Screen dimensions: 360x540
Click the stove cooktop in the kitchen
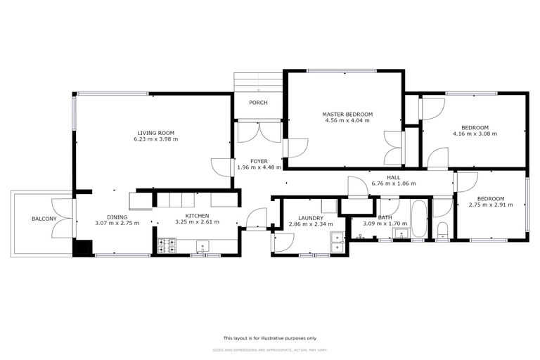[x=167, y=245]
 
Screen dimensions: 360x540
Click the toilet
[x=442, y=232]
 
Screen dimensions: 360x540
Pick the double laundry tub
[x=336, y=241]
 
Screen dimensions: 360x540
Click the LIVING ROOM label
[x=155, y=133]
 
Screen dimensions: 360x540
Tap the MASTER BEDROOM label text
[x=347, y=114]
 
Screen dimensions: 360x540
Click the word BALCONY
[x=44, y=219]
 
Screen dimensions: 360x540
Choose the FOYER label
[x=259, y=161]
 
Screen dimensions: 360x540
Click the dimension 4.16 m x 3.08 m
[x=475, y=134]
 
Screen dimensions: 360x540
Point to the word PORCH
[x=258, y=103]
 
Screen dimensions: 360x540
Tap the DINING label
[x=117, y=217]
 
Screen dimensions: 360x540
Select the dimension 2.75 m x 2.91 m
[x=491, y=205]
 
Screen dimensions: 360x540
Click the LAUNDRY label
[x=310, y=218]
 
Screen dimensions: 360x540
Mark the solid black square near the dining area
[x=82, y=247]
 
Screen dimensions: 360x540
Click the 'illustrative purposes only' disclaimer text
[x=270, y=337]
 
